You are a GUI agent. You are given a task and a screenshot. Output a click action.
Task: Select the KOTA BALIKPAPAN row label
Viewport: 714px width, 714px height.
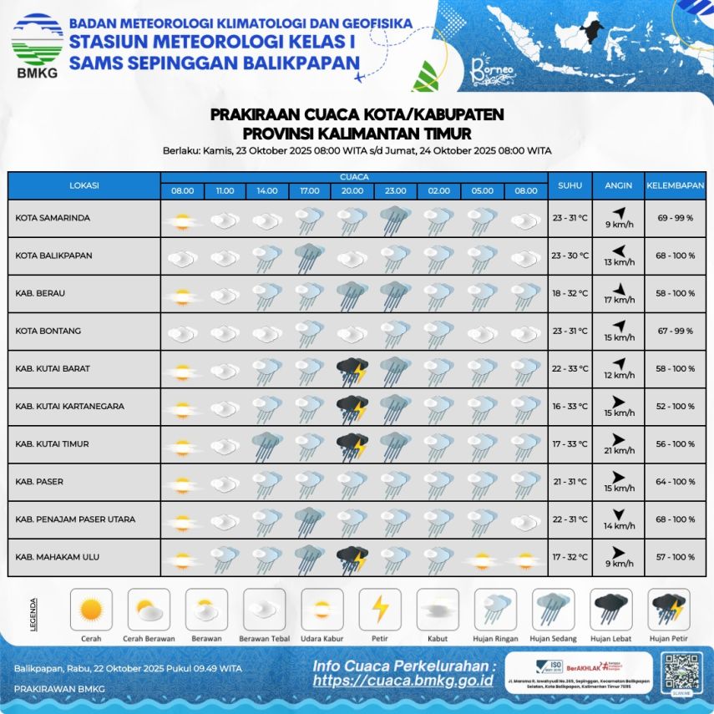(x=53, y=256)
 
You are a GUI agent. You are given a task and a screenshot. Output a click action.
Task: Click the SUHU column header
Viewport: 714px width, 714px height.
(x=570, y=185)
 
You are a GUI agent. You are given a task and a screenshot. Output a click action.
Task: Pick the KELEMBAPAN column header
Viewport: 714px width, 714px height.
(x=676, y=185)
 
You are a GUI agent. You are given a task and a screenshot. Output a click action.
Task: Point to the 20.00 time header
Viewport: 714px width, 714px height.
(x=352, y=191)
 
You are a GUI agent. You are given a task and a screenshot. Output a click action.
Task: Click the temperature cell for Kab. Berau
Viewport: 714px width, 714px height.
(x=570, y=294)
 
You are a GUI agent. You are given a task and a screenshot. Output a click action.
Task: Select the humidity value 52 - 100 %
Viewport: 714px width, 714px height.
(x=676, y=407)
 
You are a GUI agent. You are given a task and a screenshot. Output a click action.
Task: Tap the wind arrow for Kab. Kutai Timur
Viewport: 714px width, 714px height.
(x=619, y=438)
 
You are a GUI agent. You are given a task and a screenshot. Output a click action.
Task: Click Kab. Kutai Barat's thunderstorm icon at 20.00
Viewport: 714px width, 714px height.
(x=352, y=369)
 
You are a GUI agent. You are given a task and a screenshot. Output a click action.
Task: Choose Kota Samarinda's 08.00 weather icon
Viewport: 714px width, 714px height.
(x=182, y=220)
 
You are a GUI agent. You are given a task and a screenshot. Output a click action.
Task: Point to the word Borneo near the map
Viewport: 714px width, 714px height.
(x=488, y=67)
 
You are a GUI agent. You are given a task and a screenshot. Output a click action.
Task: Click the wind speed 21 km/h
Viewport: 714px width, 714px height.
(x=619, y=452)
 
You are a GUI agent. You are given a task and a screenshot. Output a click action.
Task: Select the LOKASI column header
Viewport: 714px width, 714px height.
(x=84, y=185)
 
